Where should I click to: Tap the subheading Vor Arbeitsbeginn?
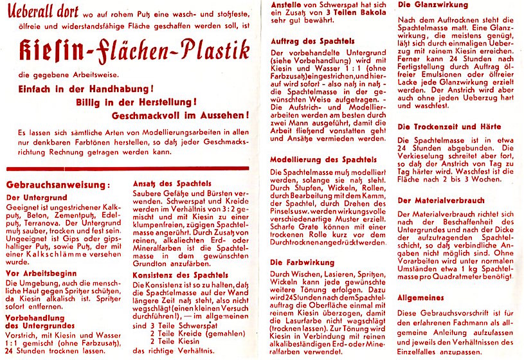(x=39, y=272)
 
